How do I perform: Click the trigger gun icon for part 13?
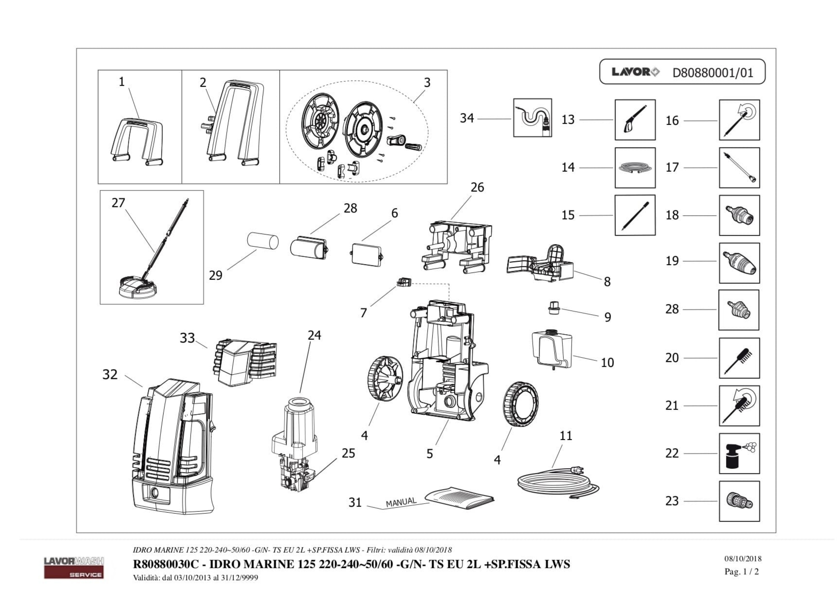(x=635, y=120)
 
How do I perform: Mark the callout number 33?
(x=187, y=338)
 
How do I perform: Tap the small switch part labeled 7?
(x=404, y=282)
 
